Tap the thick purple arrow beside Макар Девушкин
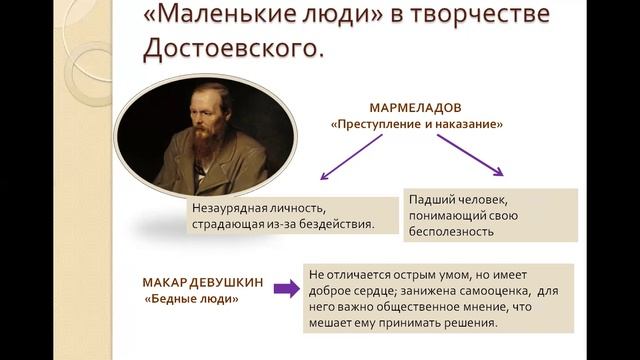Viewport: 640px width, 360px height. tap(286, 289)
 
